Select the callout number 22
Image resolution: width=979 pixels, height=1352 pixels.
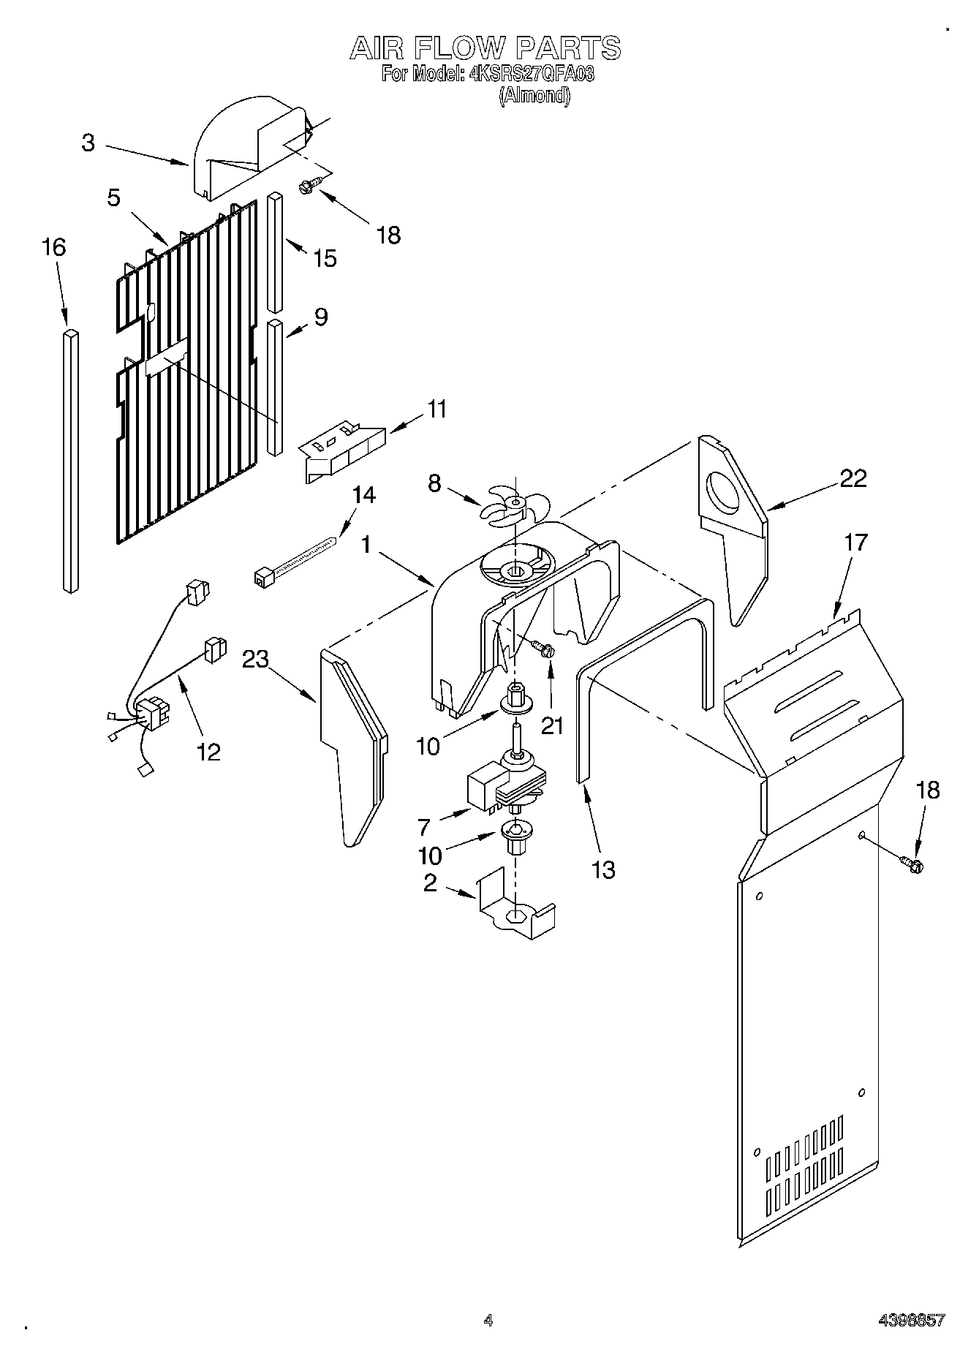tap(853, 478)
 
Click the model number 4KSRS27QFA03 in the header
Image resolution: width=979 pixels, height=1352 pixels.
tap(532, 75)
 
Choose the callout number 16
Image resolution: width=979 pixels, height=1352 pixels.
tap(54, 247)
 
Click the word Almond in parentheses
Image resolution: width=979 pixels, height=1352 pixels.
tap(534, 95)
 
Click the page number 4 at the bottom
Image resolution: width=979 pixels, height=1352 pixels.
tap(488, 1320)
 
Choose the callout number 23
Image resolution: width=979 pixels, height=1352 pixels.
tap(256, 660)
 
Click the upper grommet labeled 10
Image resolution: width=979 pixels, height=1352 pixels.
tap(515, 699)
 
